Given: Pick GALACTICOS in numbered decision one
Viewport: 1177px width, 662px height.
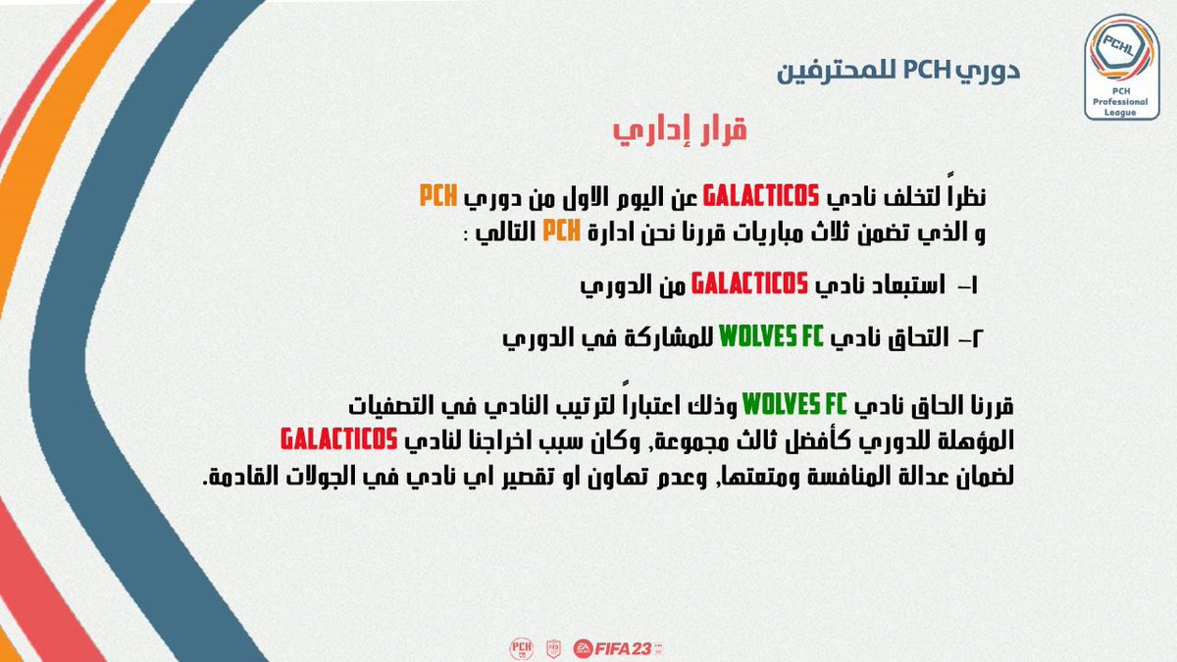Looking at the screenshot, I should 749,284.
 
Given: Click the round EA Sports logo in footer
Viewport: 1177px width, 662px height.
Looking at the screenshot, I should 585,647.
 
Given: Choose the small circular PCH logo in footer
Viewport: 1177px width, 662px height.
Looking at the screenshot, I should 521,647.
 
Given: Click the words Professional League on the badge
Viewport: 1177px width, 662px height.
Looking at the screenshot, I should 1120,107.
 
